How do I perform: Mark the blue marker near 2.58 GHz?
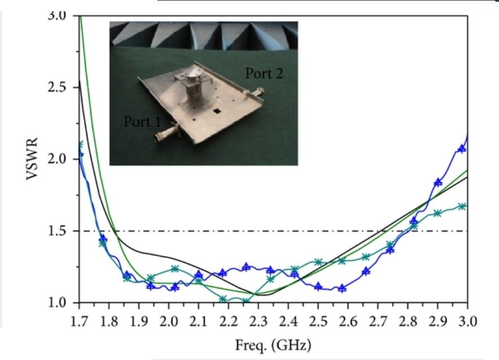click(342, 288)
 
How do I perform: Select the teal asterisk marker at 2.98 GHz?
click(461, 206)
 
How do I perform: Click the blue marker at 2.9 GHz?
click(438, 182)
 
